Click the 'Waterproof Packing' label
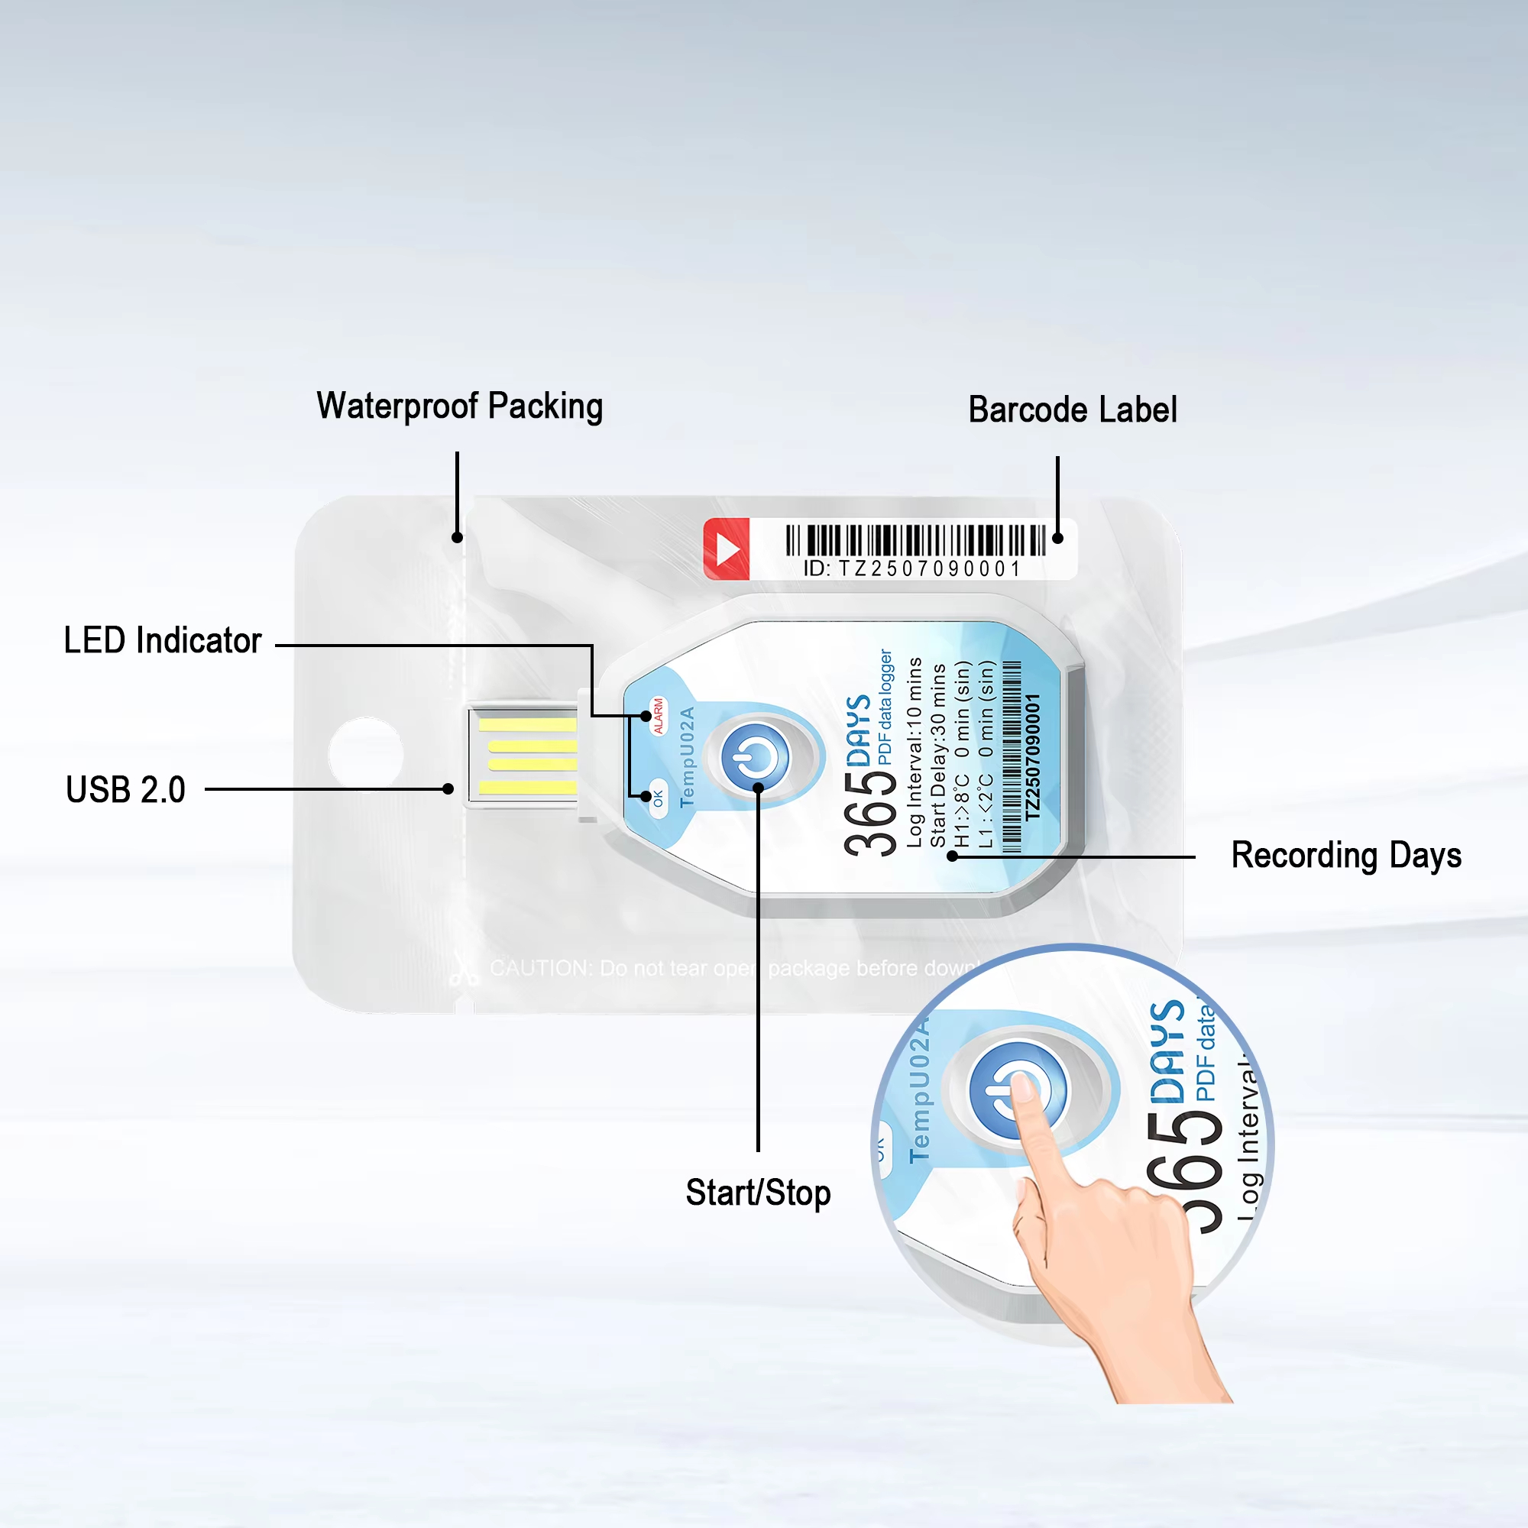(x=459, y=406)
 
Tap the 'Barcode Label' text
(x=1073, y=410)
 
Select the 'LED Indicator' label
(x=162, y=641)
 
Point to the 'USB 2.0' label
(x=126, y=789)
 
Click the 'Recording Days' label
(x=1346, y=856)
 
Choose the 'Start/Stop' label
(x=758, y=1193)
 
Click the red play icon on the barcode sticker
(x=726, y=549)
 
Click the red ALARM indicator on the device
(x=658, y=716)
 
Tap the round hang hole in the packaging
(x=365, y=756)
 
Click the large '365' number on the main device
(x=870, y=814)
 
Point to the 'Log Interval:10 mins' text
(x=915, y=752)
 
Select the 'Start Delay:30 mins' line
(x=938, y=756)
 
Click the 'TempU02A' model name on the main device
(x=687, y=757)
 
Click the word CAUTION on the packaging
(x=541, y=968)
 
